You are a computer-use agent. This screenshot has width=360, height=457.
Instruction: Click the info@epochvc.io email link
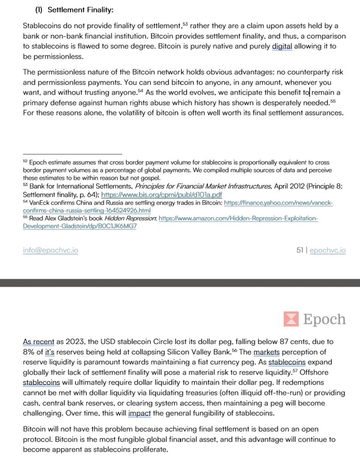coord(50,250)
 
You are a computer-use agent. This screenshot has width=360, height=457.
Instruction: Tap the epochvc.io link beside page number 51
coord(327,250)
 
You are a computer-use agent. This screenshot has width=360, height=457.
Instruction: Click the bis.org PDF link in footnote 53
coord(162,195)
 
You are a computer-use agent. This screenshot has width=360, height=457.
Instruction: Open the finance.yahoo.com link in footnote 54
coord(278,203)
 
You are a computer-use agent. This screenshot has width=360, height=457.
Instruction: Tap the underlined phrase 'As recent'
coord(38,342)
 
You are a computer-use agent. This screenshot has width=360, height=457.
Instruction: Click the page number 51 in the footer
coord(300,250)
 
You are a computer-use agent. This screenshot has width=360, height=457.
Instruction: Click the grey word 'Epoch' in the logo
coord(324,320)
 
